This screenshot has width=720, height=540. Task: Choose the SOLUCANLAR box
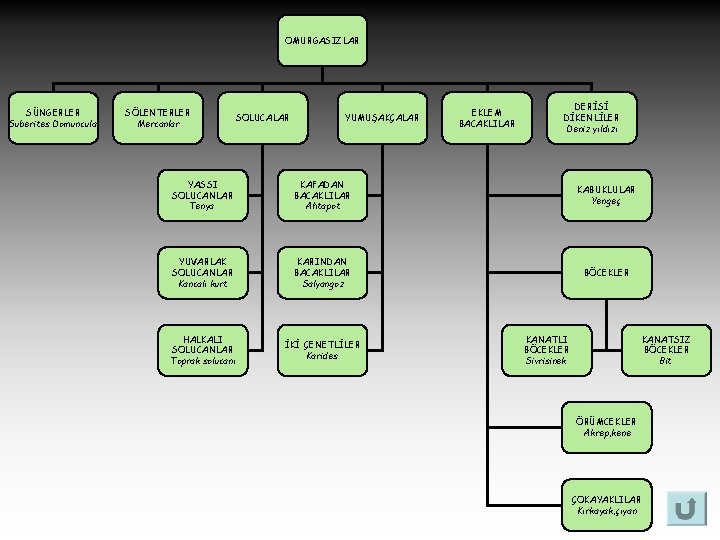point(262,117)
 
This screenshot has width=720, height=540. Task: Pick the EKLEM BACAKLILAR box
point(486,117)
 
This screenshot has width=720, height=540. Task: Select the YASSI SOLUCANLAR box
point(202,194)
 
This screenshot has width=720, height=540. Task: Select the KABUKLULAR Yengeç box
point(607,194)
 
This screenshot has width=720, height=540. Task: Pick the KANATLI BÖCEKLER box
point(546,350)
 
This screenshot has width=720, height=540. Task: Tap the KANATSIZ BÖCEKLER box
point(666,350)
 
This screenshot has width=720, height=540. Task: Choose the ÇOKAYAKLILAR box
point(607,505)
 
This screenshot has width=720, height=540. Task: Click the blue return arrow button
point(685,510)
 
